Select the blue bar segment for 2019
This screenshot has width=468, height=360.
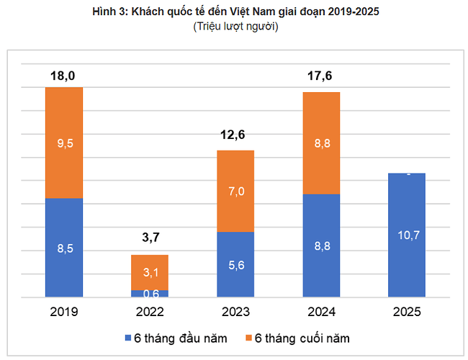click(64, 248)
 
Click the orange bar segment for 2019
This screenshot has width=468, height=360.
click(64, 143)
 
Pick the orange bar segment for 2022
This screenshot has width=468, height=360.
click(150, 272)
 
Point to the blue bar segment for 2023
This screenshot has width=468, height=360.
click(235, 264)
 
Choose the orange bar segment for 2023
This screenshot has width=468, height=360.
click(235, 191)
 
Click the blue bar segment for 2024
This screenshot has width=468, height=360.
click(321, 246)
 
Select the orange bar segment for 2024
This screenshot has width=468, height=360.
click(321, 143)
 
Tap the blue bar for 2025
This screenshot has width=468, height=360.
click(407, 235)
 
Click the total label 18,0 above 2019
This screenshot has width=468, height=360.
click(64, 75)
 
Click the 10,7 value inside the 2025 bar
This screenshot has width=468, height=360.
click(407, 235)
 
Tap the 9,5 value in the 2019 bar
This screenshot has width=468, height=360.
click(64, 143)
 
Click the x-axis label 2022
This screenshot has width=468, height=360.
click(150, 312)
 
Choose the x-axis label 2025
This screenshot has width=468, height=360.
click(407, 312)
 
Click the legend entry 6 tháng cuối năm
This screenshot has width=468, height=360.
click(297, 337)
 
